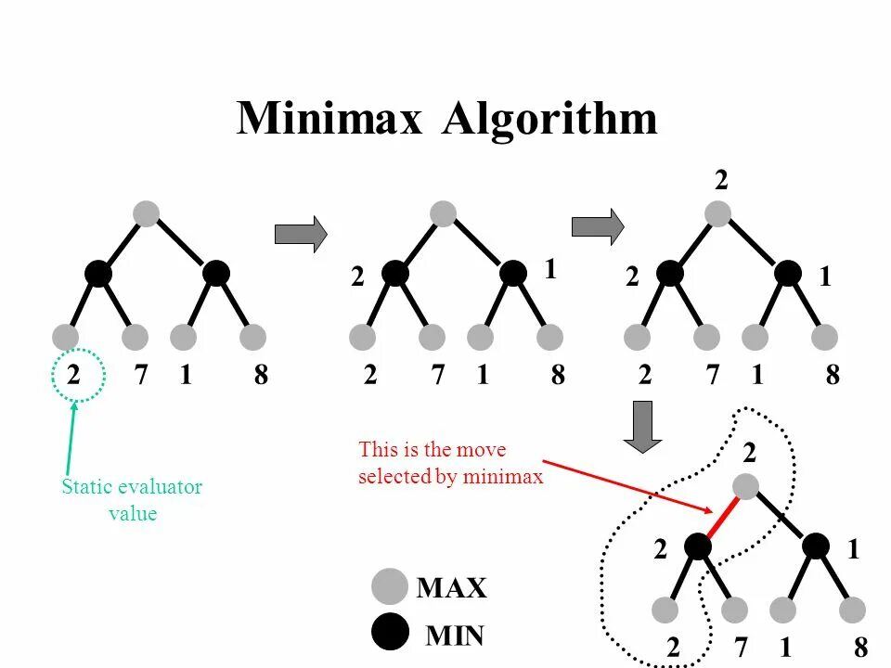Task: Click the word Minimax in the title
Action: click(x=329, y=120)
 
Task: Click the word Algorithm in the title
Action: click(x=549, y=120)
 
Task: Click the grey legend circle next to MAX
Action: click(x=390, y=586)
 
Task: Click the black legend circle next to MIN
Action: click(x=390, y=633)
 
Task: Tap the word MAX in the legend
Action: click(x=452, y=587)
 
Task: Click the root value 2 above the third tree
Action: click(x=721, y=180)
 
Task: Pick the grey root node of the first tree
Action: click(x=146, y=213)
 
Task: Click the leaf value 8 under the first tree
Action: click(x=261, y=375)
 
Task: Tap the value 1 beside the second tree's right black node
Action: click(x=550, y=269)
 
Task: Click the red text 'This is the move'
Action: click(x=433, y=450)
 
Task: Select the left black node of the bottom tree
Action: click(x=698, y=546)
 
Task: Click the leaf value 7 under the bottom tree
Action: click(x=742, y=648)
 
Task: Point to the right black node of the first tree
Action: click(x=216, y=273)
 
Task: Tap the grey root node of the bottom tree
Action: click(x=746, y=486)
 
